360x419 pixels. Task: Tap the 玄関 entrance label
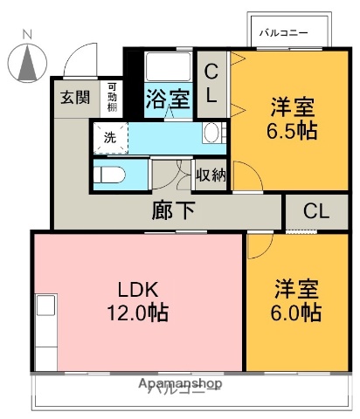pos(74,97)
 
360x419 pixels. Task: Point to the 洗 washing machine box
pos(110,137)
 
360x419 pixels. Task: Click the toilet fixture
pos(109,174)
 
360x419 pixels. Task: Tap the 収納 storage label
pos(211,175)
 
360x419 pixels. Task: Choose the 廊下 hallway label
pos(169,210)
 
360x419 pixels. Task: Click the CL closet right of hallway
pos(316,211)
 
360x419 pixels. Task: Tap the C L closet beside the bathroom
pos(212,83)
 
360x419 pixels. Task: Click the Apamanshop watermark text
pos(179,383)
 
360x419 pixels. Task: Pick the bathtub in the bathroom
pos(167,68)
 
